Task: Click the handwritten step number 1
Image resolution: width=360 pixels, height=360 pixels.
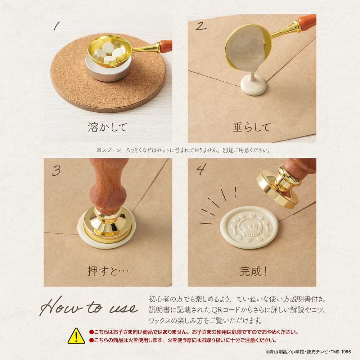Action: [57, 26]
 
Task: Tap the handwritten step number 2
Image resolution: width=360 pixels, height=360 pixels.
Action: [201, 26]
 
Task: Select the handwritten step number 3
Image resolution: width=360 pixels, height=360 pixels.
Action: [56, 171]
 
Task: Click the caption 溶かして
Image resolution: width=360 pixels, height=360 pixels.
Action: [107, 127]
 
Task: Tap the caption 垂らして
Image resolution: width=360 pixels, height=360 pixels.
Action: [252, 127]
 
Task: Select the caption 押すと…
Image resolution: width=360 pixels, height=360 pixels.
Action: [108, 271]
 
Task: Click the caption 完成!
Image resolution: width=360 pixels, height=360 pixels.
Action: [253, 271]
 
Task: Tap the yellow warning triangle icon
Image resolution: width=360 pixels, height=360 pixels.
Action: [76, 336]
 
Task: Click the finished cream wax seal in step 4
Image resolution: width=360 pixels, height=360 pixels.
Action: [249, 227]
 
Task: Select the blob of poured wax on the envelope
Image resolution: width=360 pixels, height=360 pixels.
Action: [253, 85]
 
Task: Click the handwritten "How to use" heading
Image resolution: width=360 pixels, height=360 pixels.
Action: [89, 306]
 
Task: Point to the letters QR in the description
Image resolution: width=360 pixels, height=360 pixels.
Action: [216, 310]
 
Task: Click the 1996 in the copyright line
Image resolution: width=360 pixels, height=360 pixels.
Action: [346, 352]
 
